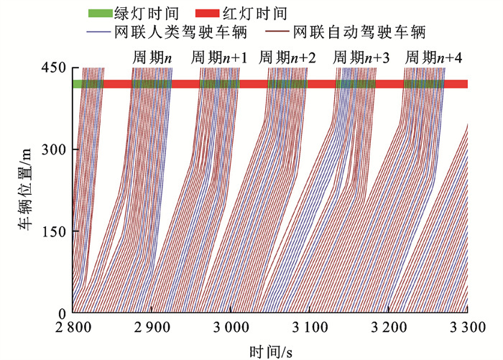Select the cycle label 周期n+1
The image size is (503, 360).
tap(219, 57)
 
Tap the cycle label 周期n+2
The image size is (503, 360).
tap(287, 57)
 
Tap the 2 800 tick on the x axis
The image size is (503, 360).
tap(73, 327)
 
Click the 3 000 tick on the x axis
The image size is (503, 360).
tap(230, 327)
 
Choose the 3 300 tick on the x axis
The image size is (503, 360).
tap(466, 327)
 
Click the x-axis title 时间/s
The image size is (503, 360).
tap(269, 351)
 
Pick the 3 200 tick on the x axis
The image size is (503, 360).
tap(388, 327)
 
